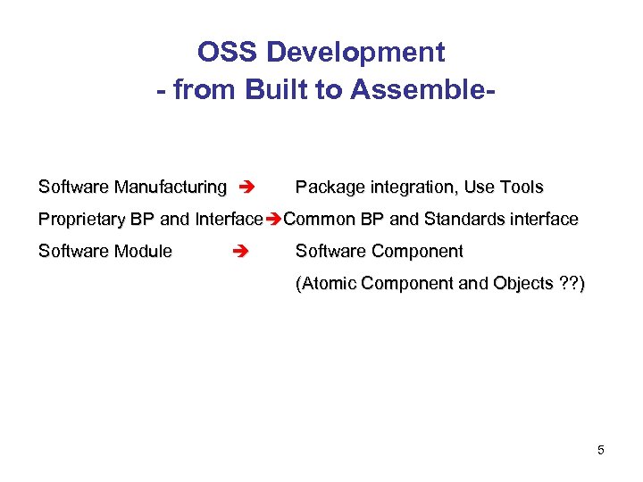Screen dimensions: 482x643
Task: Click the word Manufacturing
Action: (x=170, y=187)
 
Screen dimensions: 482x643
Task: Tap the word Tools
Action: (x=522, y=187)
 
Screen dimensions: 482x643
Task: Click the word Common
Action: (x=316, y=220)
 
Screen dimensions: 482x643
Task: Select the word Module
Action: (x=143, y=252)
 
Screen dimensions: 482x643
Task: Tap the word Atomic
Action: (x=329, y=284)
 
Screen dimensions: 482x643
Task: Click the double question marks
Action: (x=567, y=284)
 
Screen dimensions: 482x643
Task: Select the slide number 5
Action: (x=601, y=450)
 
